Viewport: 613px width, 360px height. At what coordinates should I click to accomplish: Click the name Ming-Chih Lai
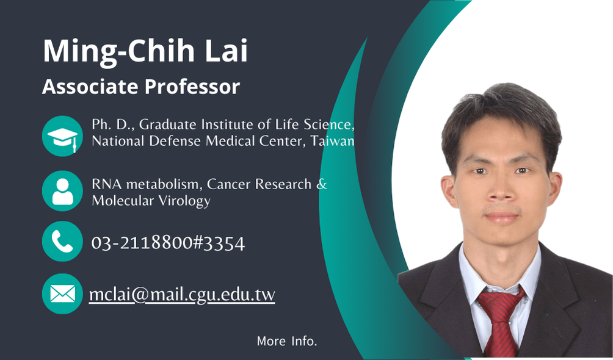click(145, 51)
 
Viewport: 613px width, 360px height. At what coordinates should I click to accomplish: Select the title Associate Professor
click(141, 87)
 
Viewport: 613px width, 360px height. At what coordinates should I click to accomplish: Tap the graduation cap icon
click(62, 136)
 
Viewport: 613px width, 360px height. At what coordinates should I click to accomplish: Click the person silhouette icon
click(62, 191)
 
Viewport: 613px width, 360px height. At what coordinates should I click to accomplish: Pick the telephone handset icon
click(62, 241)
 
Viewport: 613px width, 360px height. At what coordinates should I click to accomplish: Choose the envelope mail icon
click(62, 293)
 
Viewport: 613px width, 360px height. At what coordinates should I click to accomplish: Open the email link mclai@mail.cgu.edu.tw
click(182, 294)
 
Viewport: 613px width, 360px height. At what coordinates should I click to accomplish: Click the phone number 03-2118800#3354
click(168, 243)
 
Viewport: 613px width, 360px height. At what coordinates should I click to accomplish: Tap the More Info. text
click(287, 341)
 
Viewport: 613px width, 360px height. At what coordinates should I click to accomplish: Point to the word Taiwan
click(332, 141)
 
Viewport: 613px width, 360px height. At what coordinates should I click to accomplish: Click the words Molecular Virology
click(151, 201)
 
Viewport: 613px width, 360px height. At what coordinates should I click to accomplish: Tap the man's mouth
click(502, 217)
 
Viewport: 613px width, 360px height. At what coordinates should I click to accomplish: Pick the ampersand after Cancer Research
click(322, 184)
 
